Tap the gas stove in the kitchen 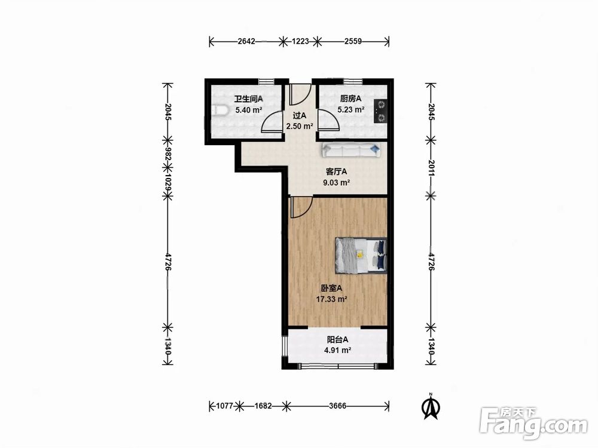pyautogui.click(x=380, y=111)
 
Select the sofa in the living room pyautogui.click(x=352, y=150)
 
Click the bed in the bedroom pyautogui.click(x=361, y=255)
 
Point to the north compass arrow pyautogui.click(x=431, y=407)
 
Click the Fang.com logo pyautogui.click(x=533, y=423)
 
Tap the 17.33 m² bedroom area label pyautogui.click(x=331, y=299)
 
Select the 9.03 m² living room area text pyautogui.click(x=336, y=182)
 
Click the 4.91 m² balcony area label pyautogui.click(x=337, y=350)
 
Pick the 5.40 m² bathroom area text pyautogui.click(x=249, y=110)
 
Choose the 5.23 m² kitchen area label pyautogui.click(x=351, y=110)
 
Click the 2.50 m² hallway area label pyautogui.click(x=300, y=125)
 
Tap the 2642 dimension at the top pyautogui.click(x=246, y=41)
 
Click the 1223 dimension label pyautogui.click(x=300, y=41)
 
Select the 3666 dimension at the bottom pyautogui.click(x=337, y=406)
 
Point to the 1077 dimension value pyautogui.click(x=224, y=406)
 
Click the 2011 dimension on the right pyautogui.click(x=431, y=168)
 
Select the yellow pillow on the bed pyautogui.click(x=359, y=254)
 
